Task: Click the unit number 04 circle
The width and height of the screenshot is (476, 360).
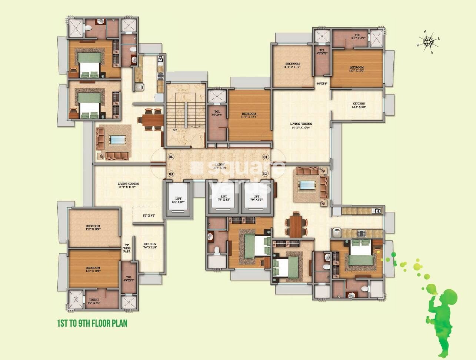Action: click(x=171, y=157)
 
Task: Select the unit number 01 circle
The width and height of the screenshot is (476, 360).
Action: click(x=265, y=157)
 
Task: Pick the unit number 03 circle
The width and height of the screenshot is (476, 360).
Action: click(x=171, y=173)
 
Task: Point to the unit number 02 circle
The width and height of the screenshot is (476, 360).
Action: click(x=265, y=173)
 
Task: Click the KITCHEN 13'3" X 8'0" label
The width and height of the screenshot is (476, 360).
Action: click(x=359, y=105)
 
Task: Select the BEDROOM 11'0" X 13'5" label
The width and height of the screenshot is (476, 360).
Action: click(x=249, y=116)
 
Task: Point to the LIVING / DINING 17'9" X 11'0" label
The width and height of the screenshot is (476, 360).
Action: click(x=128, y=185)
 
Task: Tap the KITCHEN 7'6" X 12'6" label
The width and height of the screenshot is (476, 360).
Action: click(x=150, y=246)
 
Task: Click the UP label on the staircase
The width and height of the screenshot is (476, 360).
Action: click(x=175, y=130)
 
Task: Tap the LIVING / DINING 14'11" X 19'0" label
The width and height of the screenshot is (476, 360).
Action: click(x=301, y=126)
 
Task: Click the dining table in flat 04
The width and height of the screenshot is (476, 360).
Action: click(x=151, y=120)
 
